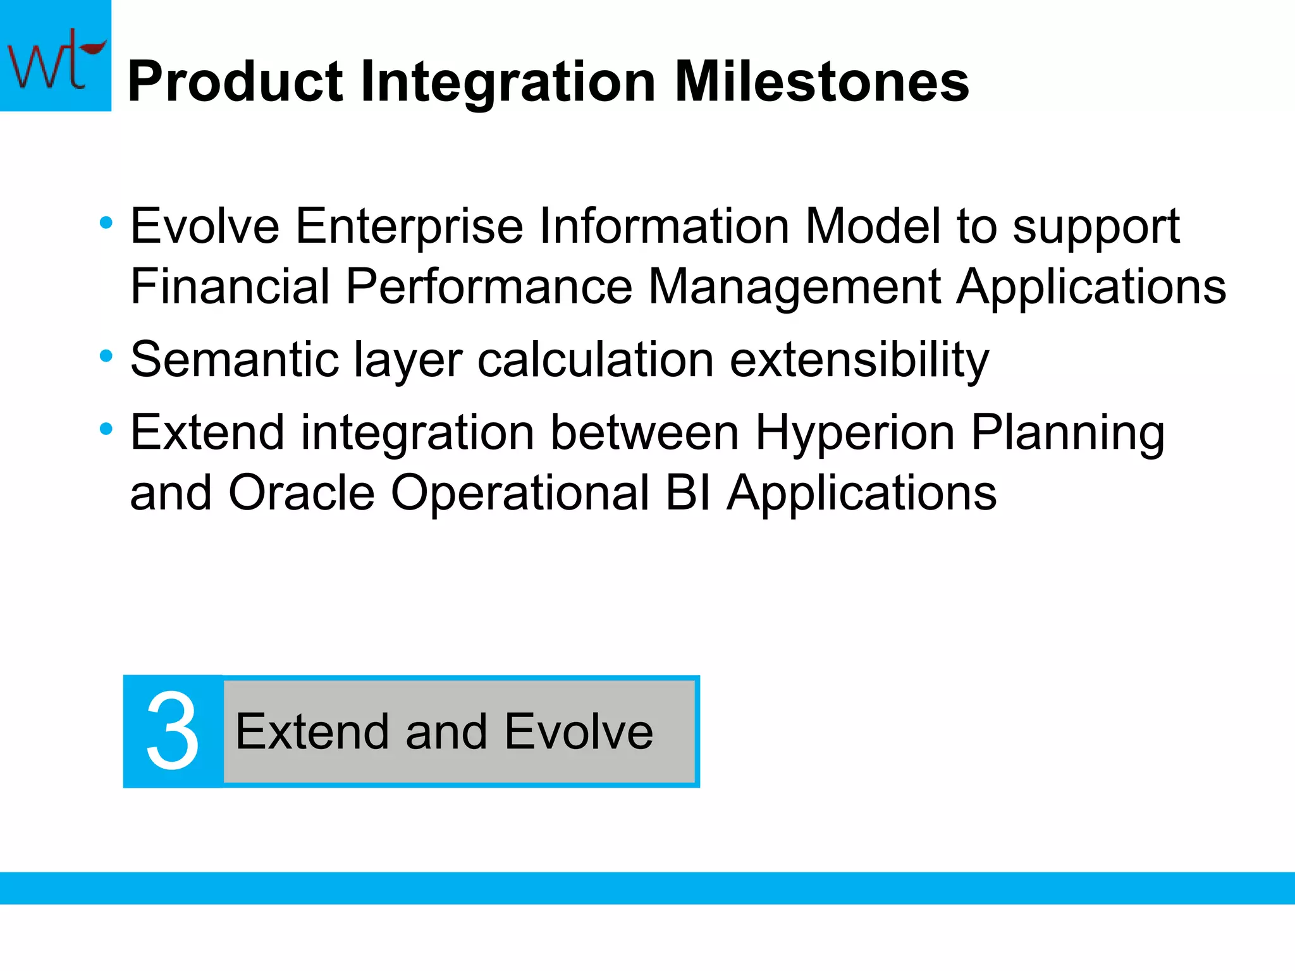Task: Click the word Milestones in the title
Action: click(x=821, y=82)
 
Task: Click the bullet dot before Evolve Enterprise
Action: click(x=106, y=223)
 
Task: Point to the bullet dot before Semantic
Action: click(x=106, y=356)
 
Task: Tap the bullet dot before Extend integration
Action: click(x=106, y=429)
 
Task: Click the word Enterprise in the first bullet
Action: click(x=409, y=226)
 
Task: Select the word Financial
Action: click(x=230, y=286)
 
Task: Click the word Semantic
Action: click(x=235, y=360)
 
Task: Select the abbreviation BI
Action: click(x=689, y=492)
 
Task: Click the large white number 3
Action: click(x=173, y=731)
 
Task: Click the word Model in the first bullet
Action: click(x=873, y=226)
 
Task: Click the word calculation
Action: click(x=596, y=360)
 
